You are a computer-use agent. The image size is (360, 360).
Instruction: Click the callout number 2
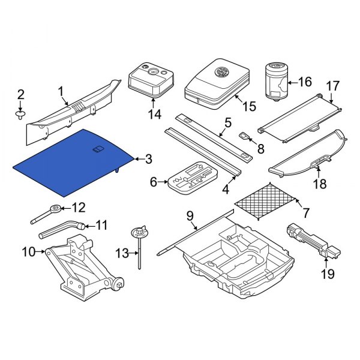coord(20,94)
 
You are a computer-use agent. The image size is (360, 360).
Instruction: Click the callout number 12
coord(79,208)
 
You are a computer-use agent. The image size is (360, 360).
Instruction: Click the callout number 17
coord(332,86)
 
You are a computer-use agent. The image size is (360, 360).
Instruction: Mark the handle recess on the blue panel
coord(98,148)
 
